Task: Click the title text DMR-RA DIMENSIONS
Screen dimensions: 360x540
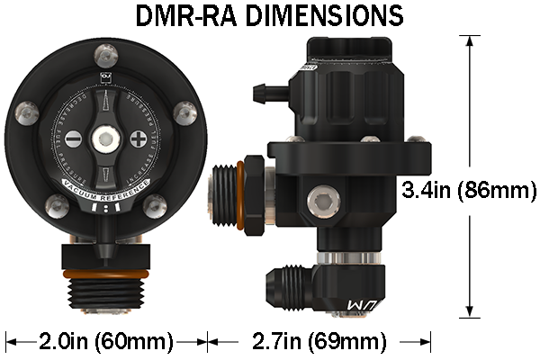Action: pos(269,16)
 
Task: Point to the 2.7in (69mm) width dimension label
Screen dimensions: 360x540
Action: pos(315,342)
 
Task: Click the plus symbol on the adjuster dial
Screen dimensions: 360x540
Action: pos(138,139)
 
